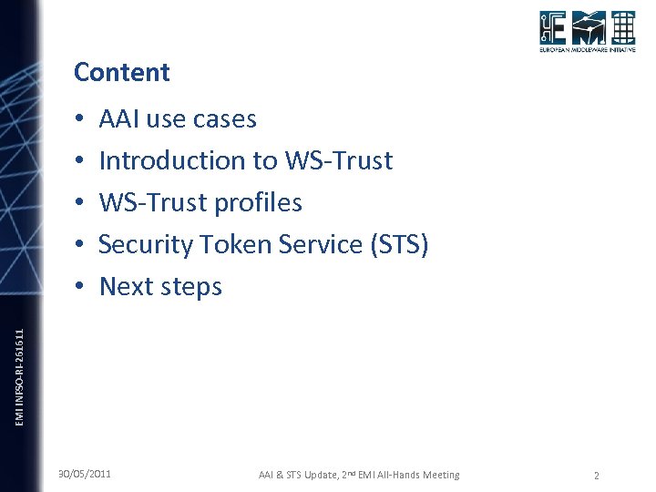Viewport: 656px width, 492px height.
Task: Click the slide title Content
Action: [x=121, y=72]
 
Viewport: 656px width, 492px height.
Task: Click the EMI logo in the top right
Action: [x=586, y=34]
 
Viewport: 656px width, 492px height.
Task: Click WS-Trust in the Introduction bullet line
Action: [x=339, y=161]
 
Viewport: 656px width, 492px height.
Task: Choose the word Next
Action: [x=127, y=286]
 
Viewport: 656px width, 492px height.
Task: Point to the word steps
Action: [x=192, y=287]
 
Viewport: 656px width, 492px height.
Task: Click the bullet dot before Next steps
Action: [x=80, y=287]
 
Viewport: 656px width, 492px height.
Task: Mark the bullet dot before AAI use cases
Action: [x=80, y=120]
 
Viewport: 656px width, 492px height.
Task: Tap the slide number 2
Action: [x=596, y=476]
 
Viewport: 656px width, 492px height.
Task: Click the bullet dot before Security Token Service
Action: [x=80, y=245]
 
